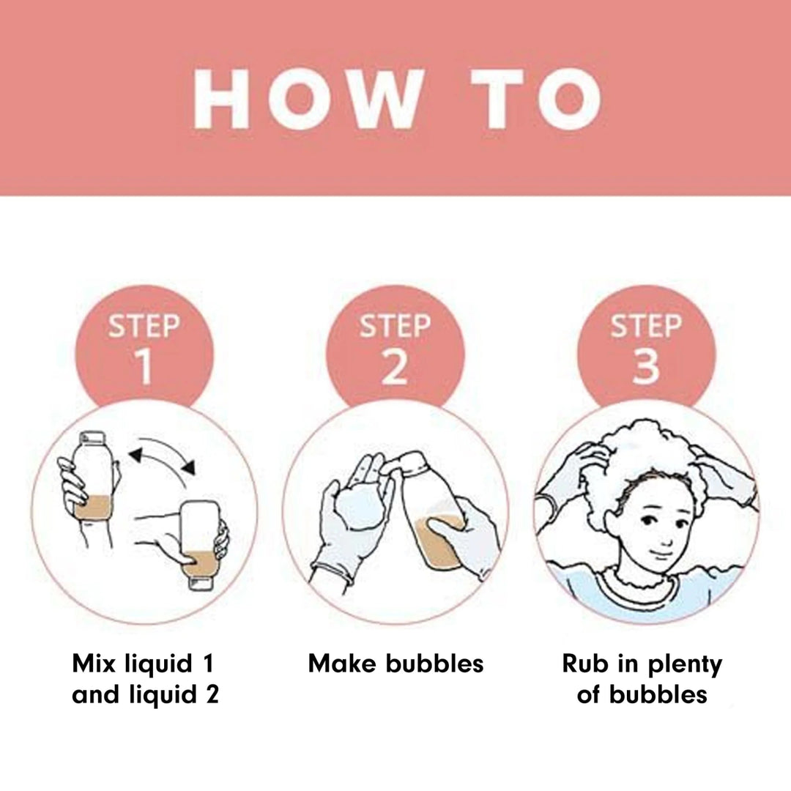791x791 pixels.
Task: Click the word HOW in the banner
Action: [x=307, y=99]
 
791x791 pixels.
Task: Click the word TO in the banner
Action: [x=534, y=99]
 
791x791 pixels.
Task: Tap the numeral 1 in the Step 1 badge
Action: [x=145, y=367]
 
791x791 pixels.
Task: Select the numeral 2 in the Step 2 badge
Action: [x=395, y=367]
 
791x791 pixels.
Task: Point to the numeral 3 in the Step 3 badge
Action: [x=646, y=367]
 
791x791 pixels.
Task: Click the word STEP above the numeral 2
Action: [x=395, y=325]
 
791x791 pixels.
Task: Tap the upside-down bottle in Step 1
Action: [x=201, y=545]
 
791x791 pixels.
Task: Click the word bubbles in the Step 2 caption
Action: [x=434, y=663]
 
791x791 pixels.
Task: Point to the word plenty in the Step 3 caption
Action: [x=685, y=666]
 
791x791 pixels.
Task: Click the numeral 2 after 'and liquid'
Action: [x=212, y=694]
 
